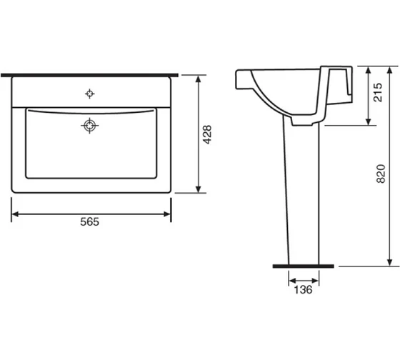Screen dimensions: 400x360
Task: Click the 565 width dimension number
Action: pos(89,221)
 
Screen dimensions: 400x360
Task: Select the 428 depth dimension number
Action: pos(207,134)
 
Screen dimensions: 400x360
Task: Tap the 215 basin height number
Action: pos(378,92)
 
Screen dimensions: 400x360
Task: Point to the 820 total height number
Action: pos(381,174)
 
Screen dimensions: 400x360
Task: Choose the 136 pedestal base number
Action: pos(303,289)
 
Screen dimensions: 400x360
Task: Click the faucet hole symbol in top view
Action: pos(89,94)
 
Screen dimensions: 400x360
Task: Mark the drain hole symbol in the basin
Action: pos(89,126)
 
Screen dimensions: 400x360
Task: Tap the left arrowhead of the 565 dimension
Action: pos(15,214)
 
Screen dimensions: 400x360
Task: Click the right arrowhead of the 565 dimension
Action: pos(167,214)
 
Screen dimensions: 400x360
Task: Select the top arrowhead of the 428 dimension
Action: pos(199,79)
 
